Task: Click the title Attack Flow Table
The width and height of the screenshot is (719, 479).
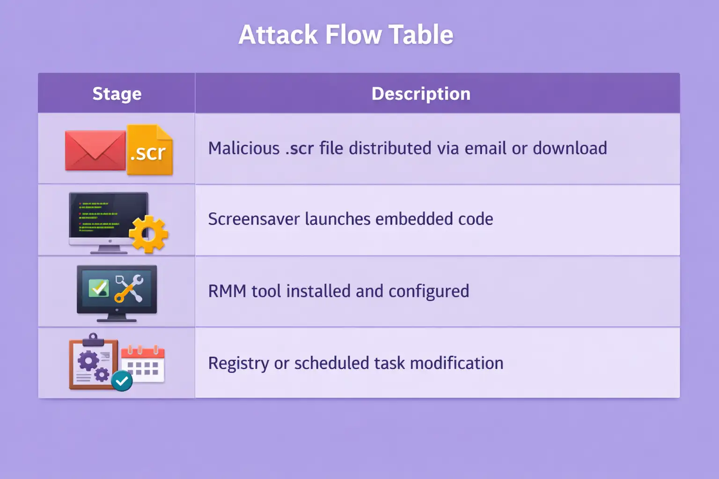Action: (346, 35)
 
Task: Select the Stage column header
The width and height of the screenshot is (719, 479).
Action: (117, 94)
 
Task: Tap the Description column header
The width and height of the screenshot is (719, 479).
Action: (421, 94)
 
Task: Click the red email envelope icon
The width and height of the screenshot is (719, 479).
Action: (95, 150)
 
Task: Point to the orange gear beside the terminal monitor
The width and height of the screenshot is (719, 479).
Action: (148, 234)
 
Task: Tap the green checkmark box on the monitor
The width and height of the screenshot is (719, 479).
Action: (99, 288)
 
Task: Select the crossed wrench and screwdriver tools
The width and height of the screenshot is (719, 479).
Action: (129, 288)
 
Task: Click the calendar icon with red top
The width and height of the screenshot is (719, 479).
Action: (143, 365)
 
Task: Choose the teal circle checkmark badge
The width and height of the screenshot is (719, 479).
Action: (122, 381)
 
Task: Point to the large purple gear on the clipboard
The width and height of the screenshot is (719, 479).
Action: (88, 361)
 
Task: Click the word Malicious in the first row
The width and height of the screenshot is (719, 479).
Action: (244, 148)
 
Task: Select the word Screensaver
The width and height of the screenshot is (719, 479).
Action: (254, 219)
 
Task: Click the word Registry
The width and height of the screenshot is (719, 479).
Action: (238, 363)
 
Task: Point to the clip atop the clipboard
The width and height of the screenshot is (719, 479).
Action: (93, 339)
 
